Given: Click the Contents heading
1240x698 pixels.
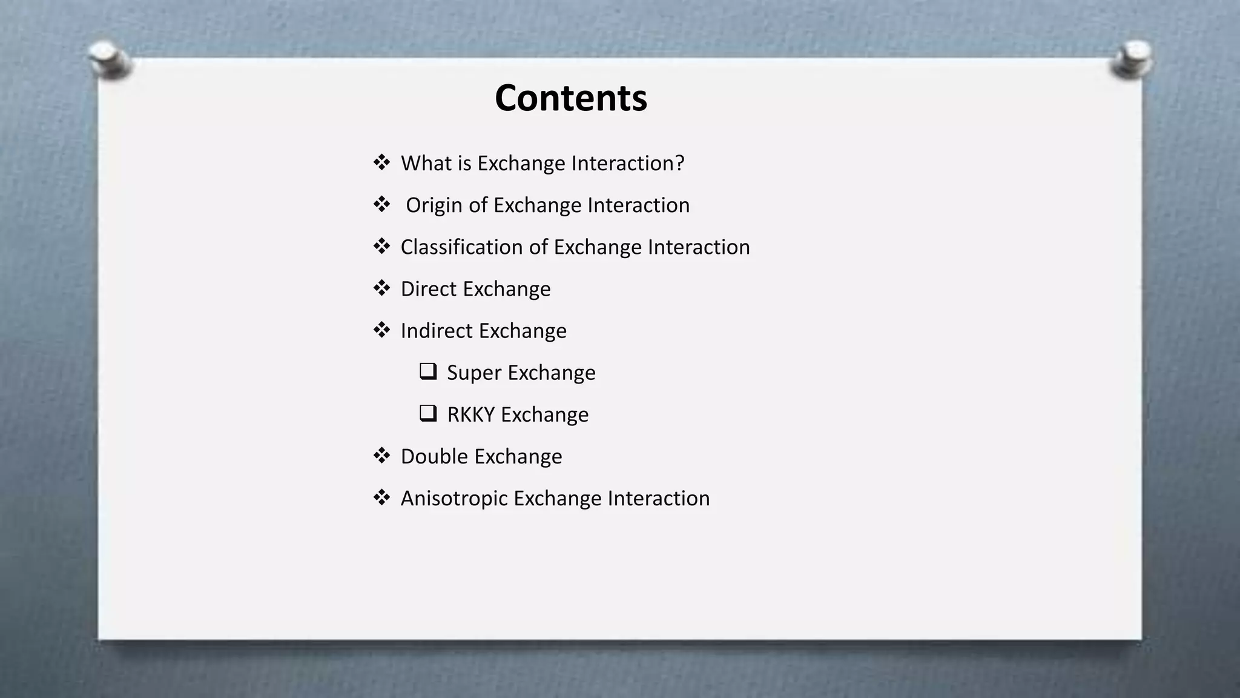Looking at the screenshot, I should (570, 98).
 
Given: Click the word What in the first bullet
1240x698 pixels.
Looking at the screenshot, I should (426, 163).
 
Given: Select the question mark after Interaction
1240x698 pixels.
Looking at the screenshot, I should (680, 163).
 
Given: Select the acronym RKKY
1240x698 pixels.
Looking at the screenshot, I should (470, 414).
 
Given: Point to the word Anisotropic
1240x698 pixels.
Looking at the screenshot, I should (454, 498).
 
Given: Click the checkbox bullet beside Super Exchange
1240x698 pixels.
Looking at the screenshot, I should (428, 371).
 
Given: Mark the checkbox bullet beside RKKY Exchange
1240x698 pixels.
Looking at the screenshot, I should (428, 413).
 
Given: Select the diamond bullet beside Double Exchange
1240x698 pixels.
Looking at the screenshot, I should (381, 455).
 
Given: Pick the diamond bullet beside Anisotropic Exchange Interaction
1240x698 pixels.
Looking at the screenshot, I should (381, 497).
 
